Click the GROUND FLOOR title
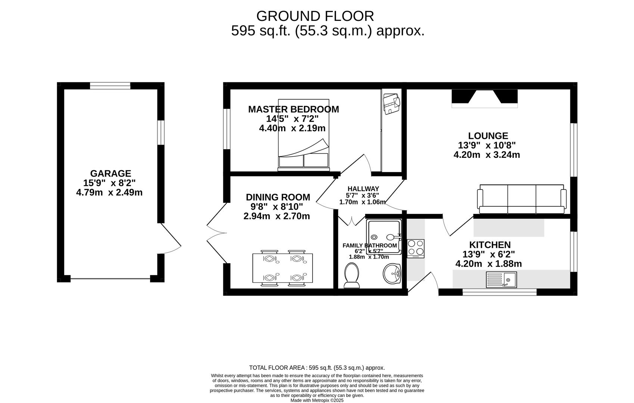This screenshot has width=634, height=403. coord(315,16)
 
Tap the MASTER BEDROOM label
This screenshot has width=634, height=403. coord(293,109)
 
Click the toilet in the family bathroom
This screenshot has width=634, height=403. coord(351,276)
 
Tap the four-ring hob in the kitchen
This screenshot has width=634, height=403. coord(416,248)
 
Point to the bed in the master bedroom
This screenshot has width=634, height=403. coord(304,134)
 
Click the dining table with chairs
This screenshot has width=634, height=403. coord(283,268)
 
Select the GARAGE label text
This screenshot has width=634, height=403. coord(111,174)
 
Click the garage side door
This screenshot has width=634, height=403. coord(171,239)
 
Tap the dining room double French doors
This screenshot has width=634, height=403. coord(217,233)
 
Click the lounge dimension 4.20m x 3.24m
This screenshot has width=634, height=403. coord(487,155)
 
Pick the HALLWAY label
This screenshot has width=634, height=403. coord(363,189)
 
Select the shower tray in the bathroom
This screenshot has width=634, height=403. coord(384,237)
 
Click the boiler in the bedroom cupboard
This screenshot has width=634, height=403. coord(391,103)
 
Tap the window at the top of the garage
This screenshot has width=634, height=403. coord(110,86)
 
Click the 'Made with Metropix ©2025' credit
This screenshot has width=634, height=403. coord(317,400)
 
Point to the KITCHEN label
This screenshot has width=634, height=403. coord(490,245)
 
